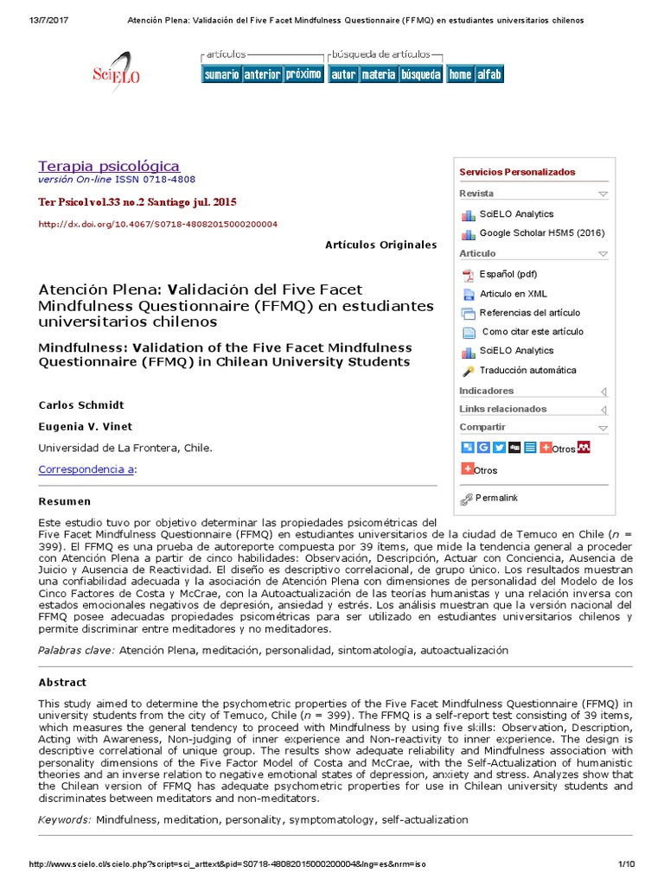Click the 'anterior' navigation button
262,74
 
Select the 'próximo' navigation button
303,74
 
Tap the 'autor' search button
343,74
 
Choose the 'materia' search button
379,74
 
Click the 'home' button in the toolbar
460,74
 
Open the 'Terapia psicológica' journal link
109,166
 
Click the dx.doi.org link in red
157,224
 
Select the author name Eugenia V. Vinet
85,426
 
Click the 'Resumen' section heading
65,501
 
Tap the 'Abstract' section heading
62,683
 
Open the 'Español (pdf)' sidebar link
508,275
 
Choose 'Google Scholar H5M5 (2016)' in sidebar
541,233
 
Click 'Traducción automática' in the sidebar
527,371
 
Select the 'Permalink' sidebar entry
496,498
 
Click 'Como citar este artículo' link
533,332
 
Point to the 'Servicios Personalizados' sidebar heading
517,172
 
